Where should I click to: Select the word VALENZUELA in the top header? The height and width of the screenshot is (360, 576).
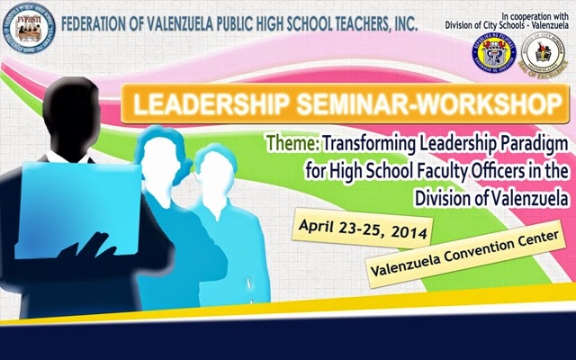coord(197,21)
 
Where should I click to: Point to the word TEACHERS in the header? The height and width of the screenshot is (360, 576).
coord(356,21)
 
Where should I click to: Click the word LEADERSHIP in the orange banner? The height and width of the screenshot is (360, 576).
coord(202,103)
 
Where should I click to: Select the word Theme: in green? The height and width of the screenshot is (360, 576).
coord(292,142)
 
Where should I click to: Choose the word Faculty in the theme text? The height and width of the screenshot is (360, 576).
coord(417,169)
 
